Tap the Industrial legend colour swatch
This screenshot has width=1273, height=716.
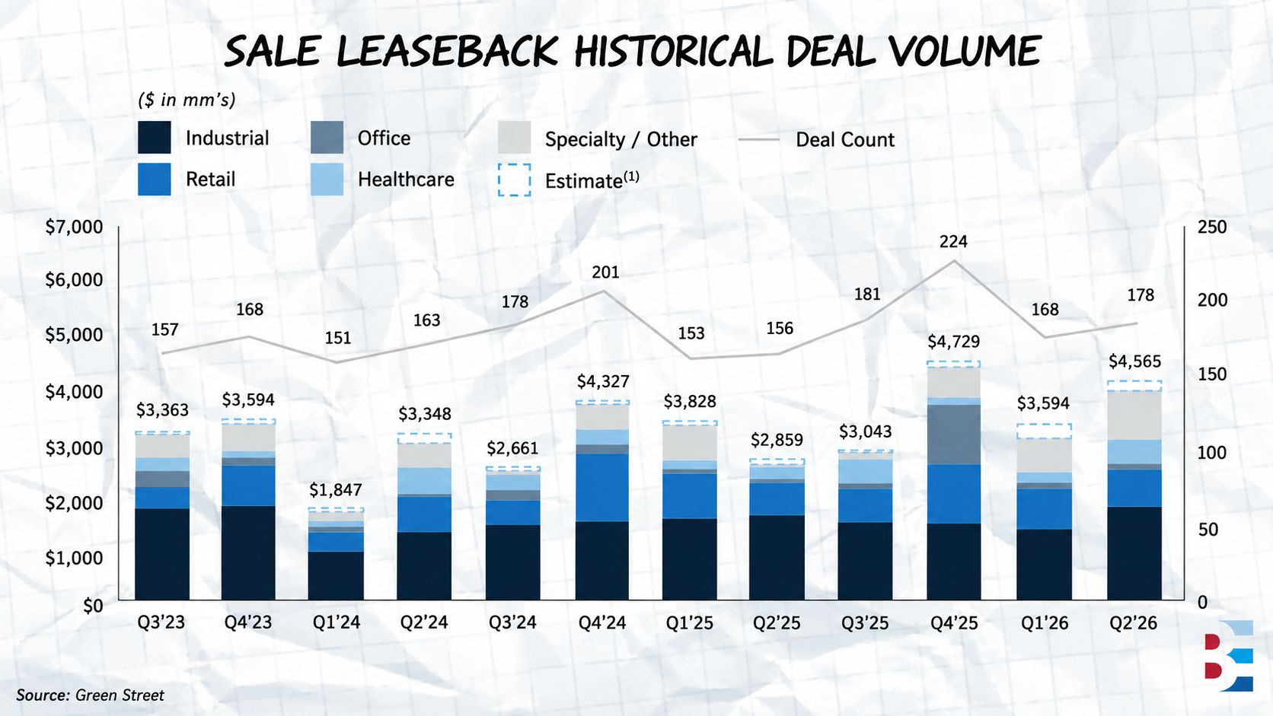pyautogui.click(x=154, y=138)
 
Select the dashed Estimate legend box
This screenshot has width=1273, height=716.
pyautogui.click(x=515, y=180)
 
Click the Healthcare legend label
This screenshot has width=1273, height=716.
pyautogui.click(x=406, y=180)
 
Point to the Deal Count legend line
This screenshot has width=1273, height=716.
pyautogui.click(x=758, y=139)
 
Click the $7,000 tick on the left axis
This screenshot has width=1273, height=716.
pyautogui.click(x=75, y=227)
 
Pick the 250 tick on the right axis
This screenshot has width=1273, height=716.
pyautogui.click(x=1212, y=227)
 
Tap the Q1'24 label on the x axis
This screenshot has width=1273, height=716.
pyautogui.click(x=337, y=622)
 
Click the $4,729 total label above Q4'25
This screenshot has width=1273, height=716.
pyautogui.click(x=954, y=341)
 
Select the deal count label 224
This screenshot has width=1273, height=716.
pyautogui.click(x=953, y=242)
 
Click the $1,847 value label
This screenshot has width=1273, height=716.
pyautogui.click(x=335, y=489)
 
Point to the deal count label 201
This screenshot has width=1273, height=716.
pyautogui.click(x=605, y=272)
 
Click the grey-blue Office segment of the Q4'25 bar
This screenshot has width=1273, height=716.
pyautogui.click(x=954, y=434)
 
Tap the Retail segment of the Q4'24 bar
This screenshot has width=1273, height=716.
pyautogui.click(x=602, y=487)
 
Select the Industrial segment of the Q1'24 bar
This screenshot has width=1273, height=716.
pyautogui.click(x=336, y=576)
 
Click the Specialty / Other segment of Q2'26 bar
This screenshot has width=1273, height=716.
pyautogui.click(x=1134, y=415)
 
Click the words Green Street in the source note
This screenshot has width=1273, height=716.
pyautogui.click(x=120, y=695)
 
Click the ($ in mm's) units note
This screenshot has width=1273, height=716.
pyautogui.click(x=187, y=100)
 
